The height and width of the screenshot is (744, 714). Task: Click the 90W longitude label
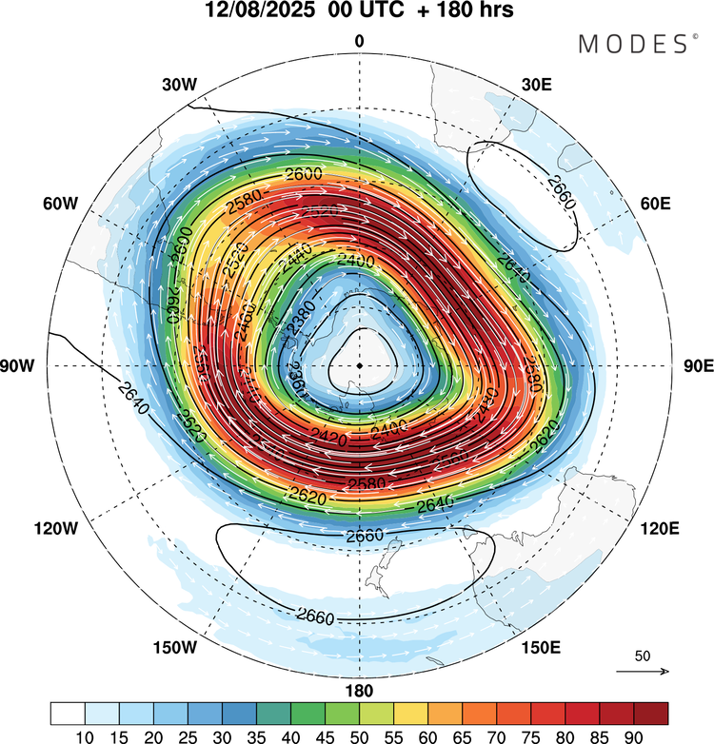[x=24, y=366]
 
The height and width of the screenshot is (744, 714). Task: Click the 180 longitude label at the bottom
[x=360, y=691]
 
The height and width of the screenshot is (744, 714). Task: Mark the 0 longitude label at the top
[x=360, y=41]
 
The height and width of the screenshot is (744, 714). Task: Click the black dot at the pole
[x=360, y=365]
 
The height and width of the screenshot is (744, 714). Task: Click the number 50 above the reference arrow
[x=642, y=656]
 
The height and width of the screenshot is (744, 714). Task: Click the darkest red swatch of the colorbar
[x=651, y=714]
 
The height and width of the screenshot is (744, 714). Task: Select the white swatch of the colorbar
[x=68, y=714]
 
